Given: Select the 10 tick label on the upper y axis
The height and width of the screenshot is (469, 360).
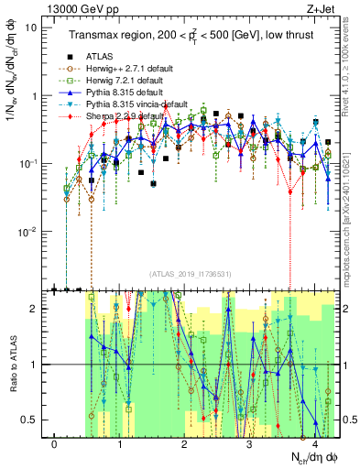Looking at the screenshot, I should click(31, 27).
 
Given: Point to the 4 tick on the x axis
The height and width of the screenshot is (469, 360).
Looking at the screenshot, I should click(314, 444).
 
